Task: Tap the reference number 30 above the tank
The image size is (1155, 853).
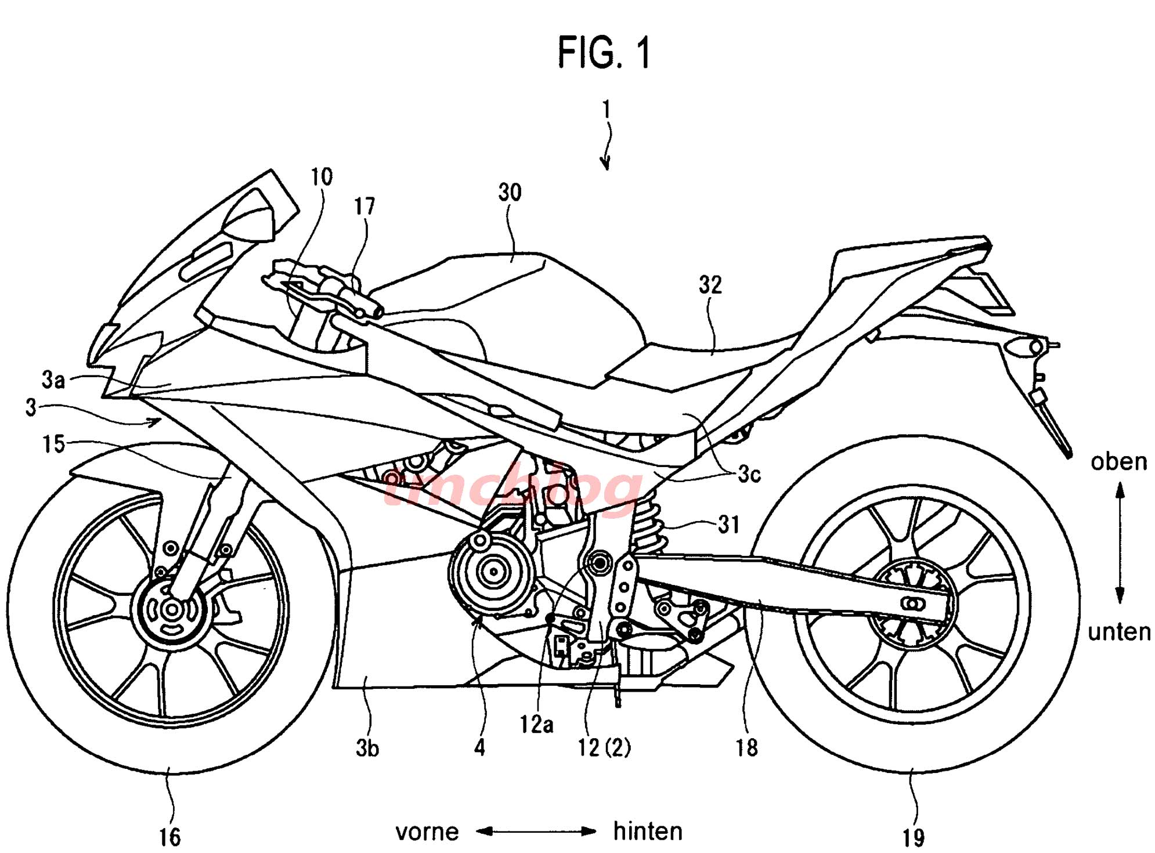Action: (510, 192)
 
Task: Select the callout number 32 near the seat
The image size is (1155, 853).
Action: (710, 285)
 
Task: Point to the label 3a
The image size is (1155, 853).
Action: (53, 379)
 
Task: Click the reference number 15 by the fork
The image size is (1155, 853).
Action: (53, 444)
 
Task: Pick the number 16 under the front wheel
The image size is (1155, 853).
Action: (169, 837)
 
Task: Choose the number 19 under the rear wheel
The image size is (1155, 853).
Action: (913, 838)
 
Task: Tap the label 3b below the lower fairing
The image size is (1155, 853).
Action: (367, 749)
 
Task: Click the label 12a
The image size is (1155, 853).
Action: (536, 724)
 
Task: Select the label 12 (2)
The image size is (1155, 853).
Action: (604, 748)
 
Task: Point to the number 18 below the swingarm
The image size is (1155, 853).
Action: (746, 748)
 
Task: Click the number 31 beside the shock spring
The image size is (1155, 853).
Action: (729, 525)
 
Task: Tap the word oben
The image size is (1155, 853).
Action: (1118, 462)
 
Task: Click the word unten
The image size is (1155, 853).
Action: (1119, 632)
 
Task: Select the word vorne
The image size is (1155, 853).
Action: (427, 832)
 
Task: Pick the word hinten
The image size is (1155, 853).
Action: (648, 832)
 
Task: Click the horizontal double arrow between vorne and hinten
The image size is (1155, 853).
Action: (536, 832)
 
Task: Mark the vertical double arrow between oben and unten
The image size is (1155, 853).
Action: (1120, 544)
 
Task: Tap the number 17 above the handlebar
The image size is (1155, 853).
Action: (364, 207)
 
